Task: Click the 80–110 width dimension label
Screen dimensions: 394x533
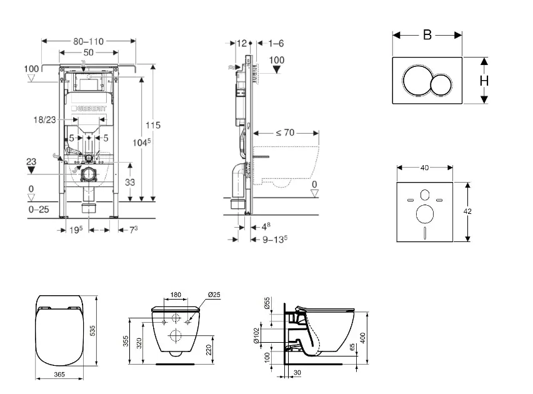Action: (x=87, y=41)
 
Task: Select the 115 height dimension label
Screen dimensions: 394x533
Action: (x=153, y=125)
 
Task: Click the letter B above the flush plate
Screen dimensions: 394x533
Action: (x=427, y=35)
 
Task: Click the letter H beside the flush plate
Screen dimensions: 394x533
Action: (x=483, y=80)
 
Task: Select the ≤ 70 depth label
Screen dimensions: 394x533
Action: (x=285, y=133)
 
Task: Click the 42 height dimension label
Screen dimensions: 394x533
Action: (x=467, y=211)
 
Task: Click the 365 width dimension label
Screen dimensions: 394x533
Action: (x=59, y=375)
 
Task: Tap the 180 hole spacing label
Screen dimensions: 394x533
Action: (x=176, y=295)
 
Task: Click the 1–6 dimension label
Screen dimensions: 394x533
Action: (x=276, y=43)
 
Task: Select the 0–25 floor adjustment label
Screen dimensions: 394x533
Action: (x=39, y=210)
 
